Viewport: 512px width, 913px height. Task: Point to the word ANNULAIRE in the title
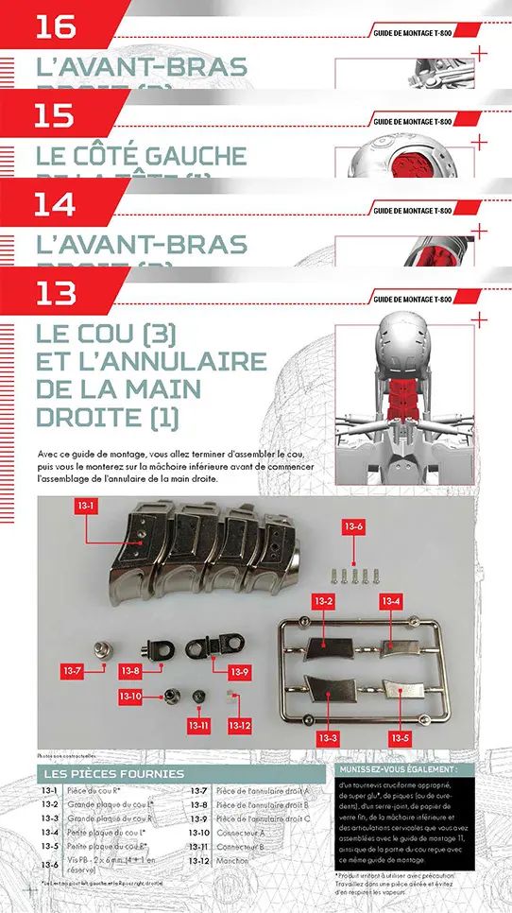173,362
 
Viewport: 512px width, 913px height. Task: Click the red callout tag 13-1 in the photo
87,507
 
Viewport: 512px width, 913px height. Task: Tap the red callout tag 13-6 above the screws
353,525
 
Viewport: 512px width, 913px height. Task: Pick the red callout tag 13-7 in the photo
74,670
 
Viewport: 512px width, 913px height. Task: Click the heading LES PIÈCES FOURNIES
114,774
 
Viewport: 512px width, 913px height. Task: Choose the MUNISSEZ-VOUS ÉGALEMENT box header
396,769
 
